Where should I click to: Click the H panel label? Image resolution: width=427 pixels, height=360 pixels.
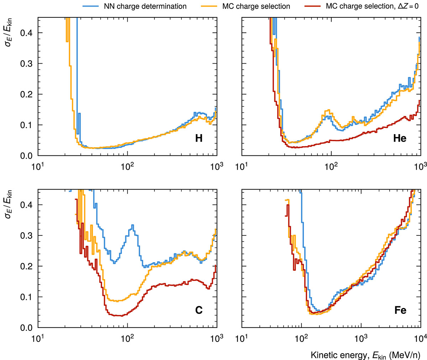[199, 138]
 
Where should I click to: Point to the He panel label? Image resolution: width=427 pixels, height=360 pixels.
[400, 138]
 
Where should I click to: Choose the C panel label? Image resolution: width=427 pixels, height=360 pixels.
[199, 311]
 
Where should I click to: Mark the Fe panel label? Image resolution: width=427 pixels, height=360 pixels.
[400, 311]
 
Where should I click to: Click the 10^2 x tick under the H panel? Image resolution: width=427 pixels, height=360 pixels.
[127, 165]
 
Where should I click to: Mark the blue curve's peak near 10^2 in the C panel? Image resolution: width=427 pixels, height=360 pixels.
[132, 225]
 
